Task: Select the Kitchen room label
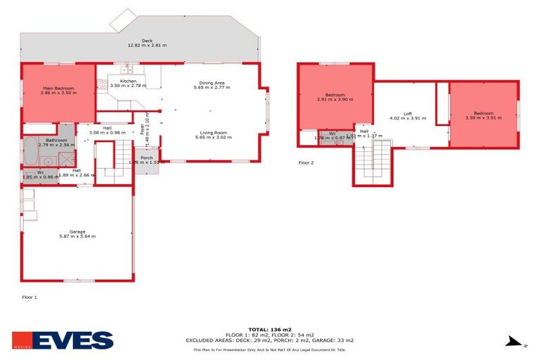(x=128, y=81)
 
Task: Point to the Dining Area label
(x=212, y=82)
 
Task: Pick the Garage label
(x=77, y=231)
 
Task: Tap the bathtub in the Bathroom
(x=32, y=151)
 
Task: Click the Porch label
(x=147, y=157)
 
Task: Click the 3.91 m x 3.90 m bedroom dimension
(x=335, y=100)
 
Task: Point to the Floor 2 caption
(x=306, y=162)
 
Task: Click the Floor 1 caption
(x=29, y=297)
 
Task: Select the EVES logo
(x=63, y=340)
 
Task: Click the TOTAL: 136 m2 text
(x=269, y=329)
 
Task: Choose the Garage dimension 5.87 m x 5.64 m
(x=77, y=237)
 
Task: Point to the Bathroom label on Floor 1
(x=56, y=140)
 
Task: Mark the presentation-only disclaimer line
(x=269, y=349)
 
